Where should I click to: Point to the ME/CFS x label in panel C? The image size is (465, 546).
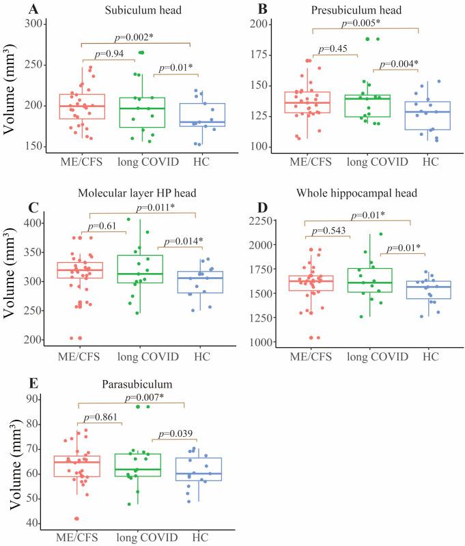(83, 355)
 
